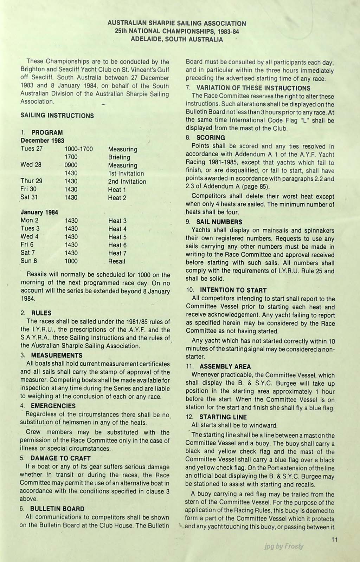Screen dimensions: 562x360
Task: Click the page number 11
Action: [334, 540]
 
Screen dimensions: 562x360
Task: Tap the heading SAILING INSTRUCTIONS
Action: [57, 116]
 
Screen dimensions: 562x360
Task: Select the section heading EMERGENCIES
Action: [53, 406]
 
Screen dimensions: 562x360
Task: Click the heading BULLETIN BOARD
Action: [57, 509]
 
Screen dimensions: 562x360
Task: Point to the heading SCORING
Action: [211, 138]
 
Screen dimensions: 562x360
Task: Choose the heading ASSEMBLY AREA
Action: [225, 367]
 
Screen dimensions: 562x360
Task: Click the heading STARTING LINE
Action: [223, 417]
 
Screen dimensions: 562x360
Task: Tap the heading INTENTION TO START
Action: [233, 290]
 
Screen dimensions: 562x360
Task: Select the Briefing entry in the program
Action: [119, 157]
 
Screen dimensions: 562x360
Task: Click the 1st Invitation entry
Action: [126, 174]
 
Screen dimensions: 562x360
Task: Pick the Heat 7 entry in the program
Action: [117, 253]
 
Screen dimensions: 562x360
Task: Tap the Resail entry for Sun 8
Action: [117, 261]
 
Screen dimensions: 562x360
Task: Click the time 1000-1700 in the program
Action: [79, 149]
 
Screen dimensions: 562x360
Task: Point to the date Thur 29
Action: [32, 181]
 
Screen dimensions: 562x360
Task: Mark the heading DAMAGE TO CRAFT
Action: [60, 458]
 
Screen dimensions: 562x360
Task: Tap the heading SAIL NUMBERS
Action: [219, 222]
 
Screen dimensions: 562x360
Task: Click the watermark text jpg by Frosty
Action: [284, 546]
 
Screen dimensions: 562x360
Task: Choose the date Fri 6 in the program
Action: [27, 245]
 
